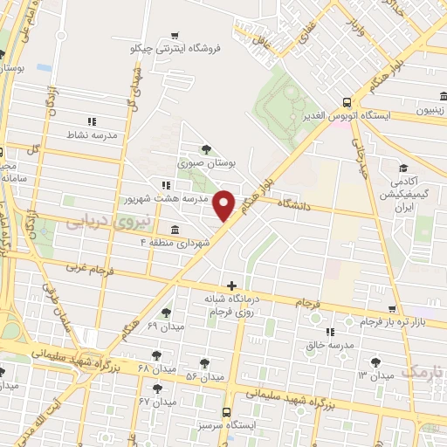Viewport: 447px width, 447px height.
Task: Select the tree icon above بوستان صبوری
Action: coord(206,149)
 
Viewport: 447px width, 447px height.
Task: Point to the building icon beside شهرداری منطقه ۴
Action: coord(175,230)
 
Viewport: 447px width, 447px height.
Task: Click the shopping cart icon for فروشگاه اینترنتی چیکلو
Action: coord(175,36)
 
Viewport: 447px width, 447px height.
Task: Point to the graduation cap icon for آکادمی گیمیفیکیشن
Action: coord(403,168)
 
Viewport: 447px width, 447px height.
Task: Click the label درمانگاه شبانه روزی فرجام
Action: coord(230,304)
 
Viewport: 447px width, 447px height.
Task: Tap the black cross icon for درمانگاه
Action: coord(231,285)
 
